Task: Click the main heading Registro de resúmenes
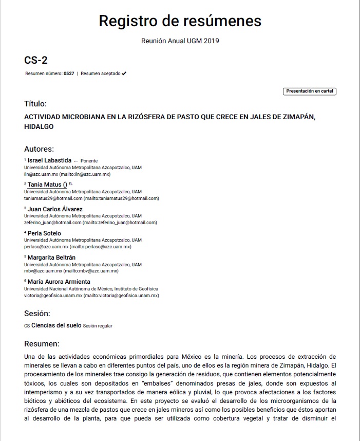(180, 21)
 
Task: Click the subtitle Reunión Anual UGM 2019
(180, 41)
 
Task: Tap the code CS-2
(36, 60)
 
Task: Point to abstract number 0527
(69, 73)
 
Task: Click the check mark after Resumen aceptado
(124, 73)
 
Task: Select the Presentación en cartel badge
(310, 91)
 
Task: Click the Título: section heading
(35, 103)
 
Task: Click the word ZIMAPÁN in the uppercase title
(295, 117)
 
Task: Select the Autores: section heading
(39, 149)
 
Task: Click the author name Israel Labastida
(49, 160)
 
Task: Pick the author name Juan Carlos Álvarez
(55, 209)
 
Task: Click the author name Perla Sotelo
(44, 233)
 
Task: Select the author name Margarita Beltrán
(51, 257)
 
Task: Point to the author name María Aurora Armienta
(59, 282)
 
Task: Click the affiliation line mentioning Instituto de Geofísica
(91, 289)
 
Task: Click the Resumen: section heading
(42, 343)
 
